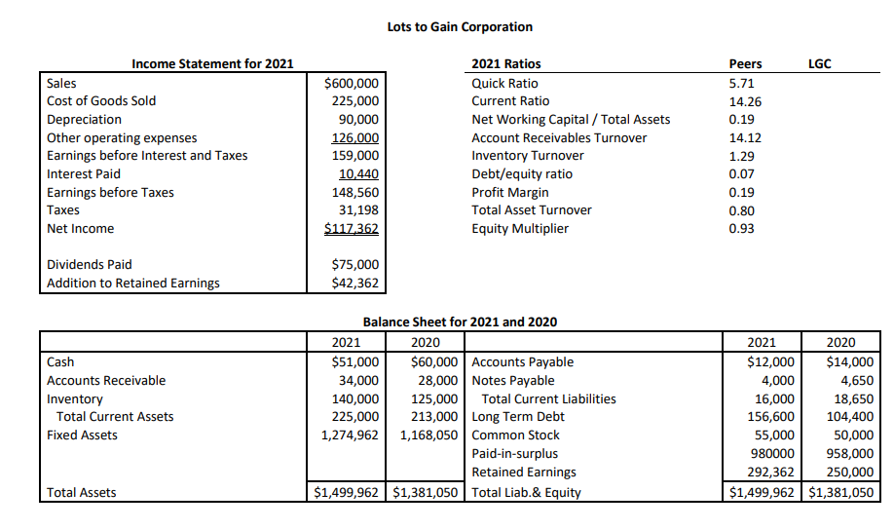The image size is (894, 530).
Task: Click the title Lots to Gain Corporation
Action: pyautogui.click(x=460, y=26)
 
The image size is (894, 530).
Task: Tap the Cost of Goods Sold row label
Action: pyautogui.click(x=101, y=101)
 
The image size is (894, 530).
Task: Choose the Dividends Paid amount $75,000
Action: pyautogui.click(x=355, y=265)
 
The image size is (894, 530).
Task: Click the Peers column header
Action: pyautogui.click(x=745, y=64)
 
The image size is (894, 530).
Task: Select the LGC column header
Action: pyautogui.click(x=819, y=64)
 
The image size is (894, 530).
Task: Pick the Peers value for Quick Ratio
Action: pyautogui.click(x=741, y=84)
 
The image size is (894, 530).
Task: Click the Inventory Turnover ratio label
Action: pyautogui.click(x=528, y=156)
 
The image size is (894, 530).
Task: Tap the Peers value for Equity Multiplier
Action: pyautogui.click(x=741, y=229)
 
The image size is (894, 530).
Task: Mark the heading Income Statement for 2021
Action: pyautogui.click(x=212, y=64)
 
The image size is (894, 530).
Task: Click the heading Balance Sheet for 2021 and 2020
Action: pyautogui.click(x=460, y=322)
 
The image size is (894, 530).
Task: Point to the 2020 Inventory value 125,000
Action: pyautogui.click(x=433, y=399)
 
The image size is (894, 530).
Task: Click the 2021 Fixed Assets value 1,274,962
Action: pyautogui.click(x=350, y=435)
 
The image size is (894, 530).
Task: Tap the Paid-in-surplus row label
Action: pyautogui.click(x=514, y=454)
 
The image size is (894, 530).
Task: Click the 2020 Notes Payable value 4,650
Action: pyautogui.click(x=856, y=381)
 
